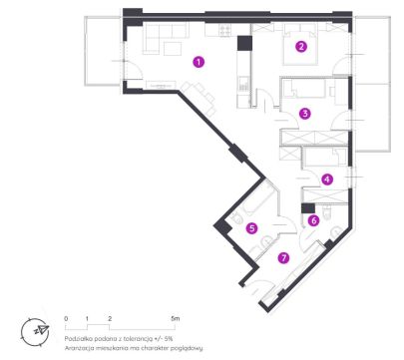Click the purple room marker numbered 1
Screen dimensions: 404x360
pos(199,62)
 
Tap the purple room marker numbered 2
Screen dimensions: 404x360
pos(301,47)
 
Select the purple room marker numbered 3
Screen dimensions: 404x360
pos(305,114)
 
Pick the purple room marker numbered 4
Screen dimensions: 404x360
pos(327,180)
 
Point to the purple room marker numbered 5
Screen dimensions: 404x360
pos(251,228)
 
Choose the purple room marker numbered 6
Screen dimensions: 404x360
pos(313,220)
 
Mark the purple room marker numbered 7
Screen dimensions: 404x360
pos(283,257)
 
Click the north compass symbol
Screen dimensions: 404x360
pos(35,331)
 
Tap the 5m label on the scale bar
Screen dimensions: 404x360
pos(175,318)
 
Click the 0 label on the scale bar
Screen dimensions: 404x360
pos(66,318)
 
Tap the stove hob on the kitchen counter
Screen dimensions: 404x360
pos(224,31)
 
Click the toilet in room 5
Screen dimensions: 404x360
pos(237,218)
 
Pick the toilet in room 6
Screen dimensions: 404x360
pos(327,211)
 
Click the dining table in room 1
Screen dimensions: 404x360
pos(199,97)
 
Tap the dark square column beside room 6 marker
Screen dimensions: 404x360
pos(308,208)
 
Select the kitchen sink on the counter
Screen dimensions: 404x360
pos(243,84)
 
